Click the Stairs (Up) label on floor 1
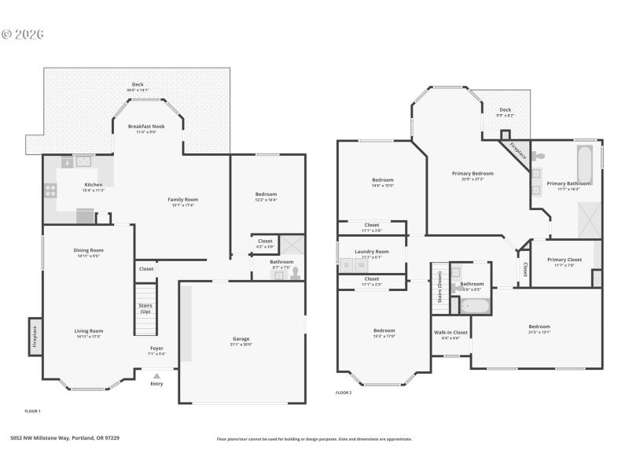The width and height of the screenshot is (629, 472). point(145,308)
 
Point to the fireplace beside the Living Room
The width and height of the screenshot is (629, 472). point(35,336)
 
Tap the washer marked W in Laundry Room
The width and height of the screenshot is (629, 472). point(362,265)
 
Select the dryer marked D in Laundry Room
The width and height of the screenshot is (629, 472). point(347,265)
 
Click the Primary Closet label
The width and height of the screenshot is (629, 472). point(565,262)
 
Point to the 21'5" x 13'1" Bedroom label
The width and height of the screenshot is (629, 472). point(539,329)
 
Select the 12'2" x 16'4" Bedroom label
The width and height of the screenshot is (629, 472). point(266,197)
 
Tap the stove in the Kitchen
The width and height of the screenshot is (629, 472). point(51,189)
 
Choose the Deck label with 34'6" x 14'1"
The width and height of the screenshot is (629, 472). point(138,87)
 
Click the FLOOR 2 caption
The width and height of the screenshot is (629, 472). point(344,393)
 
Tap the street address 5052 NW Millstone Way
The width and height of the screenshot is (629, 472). point(64,438)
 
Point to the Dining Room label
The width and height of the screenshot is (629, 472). point(89,253)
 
